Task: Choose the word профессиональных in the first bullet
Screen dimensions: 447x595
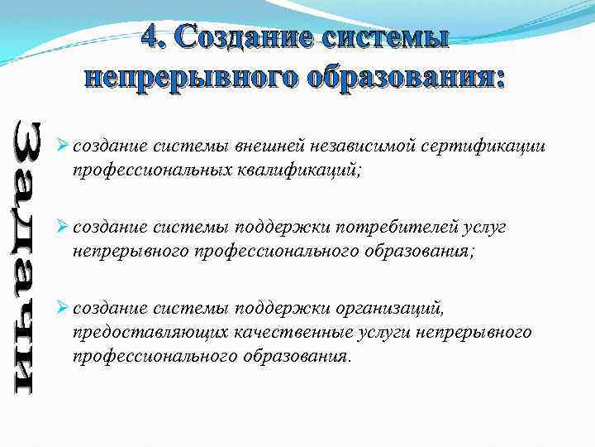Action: (x=145, y=170)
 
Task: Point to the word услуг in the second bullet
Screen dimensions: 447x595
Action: (x=484, y=227)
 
